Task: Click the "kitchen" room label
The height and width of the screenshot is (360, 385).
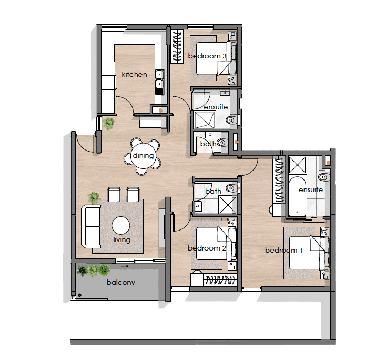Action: [134, 74]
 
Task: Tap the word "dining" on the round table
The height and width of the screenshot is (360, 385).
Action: [143, 156]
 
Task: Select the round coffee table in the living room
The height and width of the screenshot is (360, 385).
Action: [121, 225]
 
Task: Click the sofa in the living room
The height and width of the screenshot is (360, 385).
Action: [91, 227]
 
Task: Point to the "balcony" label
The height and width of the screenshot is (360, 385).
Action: [121, 282]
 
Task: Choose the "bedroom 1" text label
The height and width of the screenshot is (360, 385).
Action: [283, 250]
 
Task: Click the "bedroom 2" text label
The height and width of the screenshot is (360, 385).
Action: [207, 248]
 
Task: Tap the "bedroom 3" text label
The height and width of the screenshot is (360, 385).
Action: [207, 56]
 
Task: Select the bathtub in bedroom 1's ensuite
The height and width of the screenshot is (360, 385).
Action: [297, 196]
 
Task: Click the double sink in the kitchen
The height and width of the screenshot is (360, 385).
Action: [159, 78]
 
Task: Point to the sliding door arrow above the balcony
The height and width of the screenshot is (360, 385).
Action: [125, 266]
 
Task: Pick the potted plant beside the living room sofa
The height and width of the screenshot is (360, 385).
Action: [93, 197]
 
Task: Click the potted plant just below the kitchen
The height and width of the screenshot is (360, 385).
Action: [108, 123]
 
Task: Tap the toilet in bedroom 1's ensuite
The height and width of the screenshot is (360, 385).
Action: [323, 177]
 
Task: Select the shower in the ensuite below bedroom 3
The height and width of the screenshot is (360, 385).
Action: [204, 119]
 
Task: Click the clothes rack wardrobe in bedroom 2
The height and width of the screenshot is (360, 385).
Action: [220, 280]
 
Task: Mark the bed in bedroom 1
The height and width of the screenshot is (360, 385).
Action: [309, 253]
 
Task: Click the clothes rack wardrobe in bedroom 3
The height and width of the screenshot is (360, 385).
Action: [177, 46]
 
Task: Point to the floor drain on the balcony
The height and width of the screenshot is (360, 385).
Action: [79, 295]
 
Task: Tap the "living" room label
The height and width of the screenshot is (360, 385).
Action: [122, 239]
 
